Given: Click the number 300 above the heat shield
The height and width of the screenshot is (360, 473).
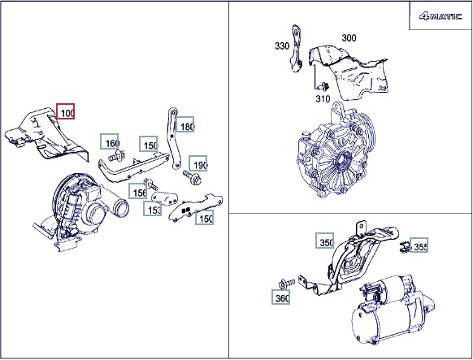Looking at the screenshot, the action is coord(349,38).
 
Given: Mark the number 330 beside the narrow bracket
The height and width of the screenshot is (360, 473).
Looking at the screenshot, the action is coord(282,46).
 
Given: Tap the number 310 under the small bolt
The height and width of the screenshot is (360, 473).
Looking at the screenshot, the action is coord(323,98).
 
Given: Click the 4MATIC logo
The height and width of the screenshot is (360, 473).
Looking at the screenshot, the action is coord(440,16).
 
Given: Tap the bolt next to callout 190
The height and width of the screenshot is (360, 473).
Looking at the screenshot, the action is coord(192,177).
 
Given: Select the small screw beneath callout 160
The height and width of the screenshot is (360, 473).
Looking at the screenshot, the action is coord(117,156).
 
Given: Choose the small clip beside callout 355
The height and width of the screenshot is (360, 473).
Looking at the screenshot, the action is coord(404,247).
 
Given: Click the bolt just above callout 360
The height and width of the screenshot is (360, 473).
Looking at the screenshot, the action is coord(286,284).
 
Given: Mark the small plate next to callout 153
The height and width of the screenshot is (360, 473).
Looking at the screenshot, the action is coord(164,197).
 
